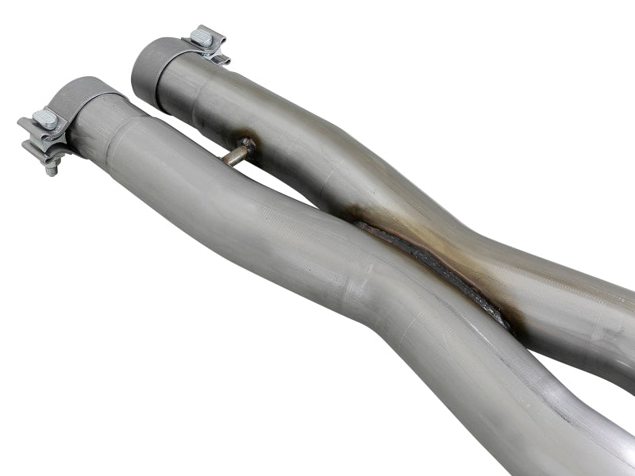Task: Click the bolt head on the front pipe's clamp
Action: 45,120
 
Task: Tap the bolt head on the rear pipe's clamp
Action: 201,36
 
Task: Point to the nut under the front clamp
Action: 52,167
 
